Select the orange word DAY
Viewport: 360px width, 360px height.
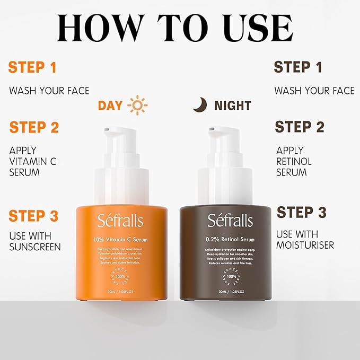(x=110, y=106)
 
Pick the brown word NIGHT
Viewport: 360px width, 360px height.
(x=233, y=106)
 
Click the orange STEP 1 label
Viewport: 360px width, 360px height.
(x=32, y=67)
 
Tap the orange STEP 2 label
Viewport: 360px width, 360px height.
(x=34, y=127)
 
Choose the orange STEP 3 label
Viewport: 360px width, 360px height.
(x=33, y=216)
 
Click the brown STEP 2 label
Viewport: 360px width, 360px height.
(x=299, y=127)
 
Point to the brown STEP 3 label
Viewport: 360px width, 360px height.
(x=301, y=213)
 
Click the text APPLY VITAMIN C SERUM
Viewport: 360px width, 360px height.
(x=32, y=161)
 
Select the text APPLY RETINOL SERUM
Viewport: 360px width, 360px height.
(x=294, y=161)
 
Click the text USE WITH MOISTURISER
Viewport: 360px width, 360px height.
(x=305, y=240)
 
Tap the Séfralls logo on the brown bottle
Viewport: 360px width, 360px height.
(x=230, y=220)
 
